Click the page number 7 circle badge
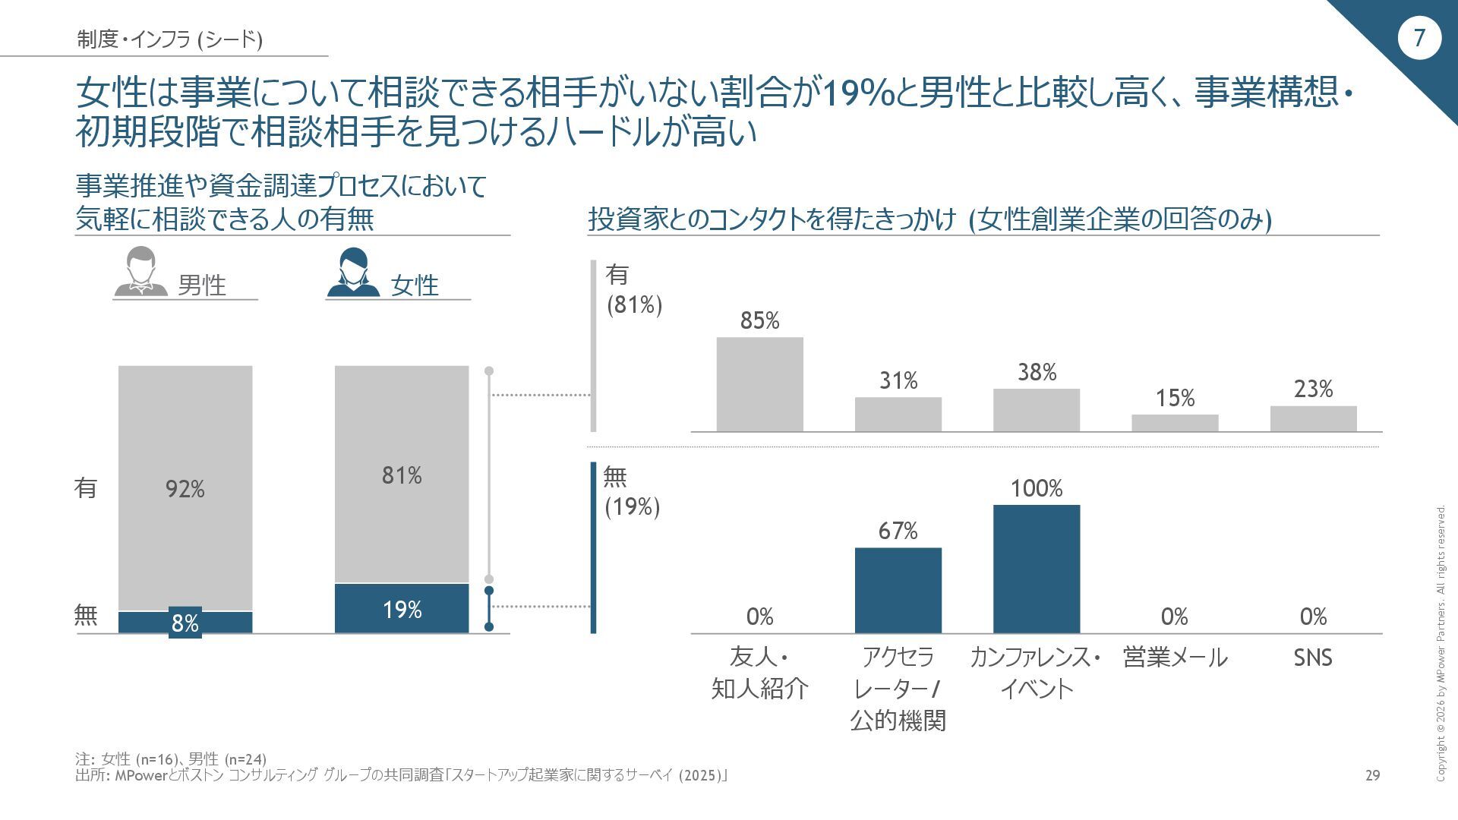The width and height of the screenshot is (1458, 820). point(1419,38)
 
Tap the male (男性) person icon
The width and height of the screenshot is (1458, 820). point(140,272)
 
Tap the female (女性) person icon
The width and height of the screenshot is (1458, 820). point(353,272)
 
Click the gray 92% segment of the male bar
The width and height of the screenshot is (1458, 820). point(185,488)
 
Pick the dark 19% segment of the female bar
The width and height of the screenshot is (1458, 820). point(402,608)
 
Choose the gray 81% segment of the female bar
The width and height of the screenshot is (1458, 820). point(402,475)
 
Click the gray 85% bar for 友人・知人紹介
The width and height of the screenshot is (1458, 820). point(759,384)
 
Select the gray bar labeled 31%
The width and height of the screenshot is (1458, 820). point(898,414)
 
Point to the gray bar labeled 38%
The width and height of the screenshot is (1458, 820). point(1037,410)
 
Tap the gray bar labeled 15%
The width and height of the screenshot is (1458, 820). point(1175,423)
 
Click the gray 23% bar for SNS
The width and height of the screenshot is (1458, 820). point(1313,418)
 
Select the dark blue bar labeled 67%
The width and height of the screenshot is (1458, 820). point(898,590)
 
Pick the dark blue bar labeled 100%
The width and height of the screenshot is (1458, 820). point(1037,569)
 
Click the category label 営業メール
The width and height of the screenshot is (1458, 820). point(1175,658)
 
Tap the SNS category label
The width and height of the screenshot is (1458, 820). point(1313,658)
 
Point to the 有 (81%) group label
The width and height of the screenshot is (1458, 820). point(633,289)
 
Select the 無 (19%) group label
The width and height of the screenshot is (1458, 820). point(632,492)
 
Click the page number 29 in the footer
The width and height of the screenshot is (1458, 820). point(1372,775)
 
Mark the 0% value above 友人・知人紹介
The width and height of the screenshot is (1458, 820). point(759,617)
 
